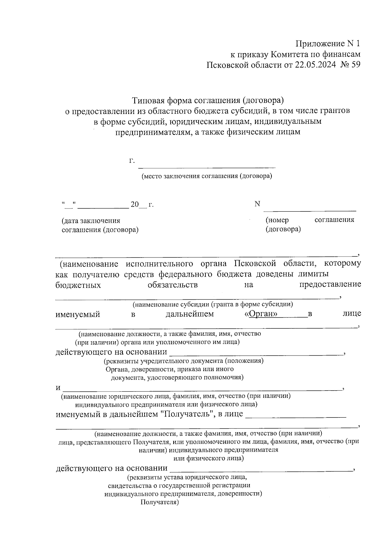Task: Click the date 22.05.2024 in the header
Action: [315, 65]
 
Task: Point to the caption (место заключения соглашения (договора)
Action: [206, 177]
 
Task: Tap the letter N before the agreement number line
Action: [257, 204]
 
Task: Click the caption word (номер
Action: [277, 220]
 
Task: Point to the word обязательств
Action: [173, 285]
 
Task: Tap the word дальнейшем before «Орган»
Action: [190, 314]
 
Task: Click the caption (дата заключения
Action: [91, 221]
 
